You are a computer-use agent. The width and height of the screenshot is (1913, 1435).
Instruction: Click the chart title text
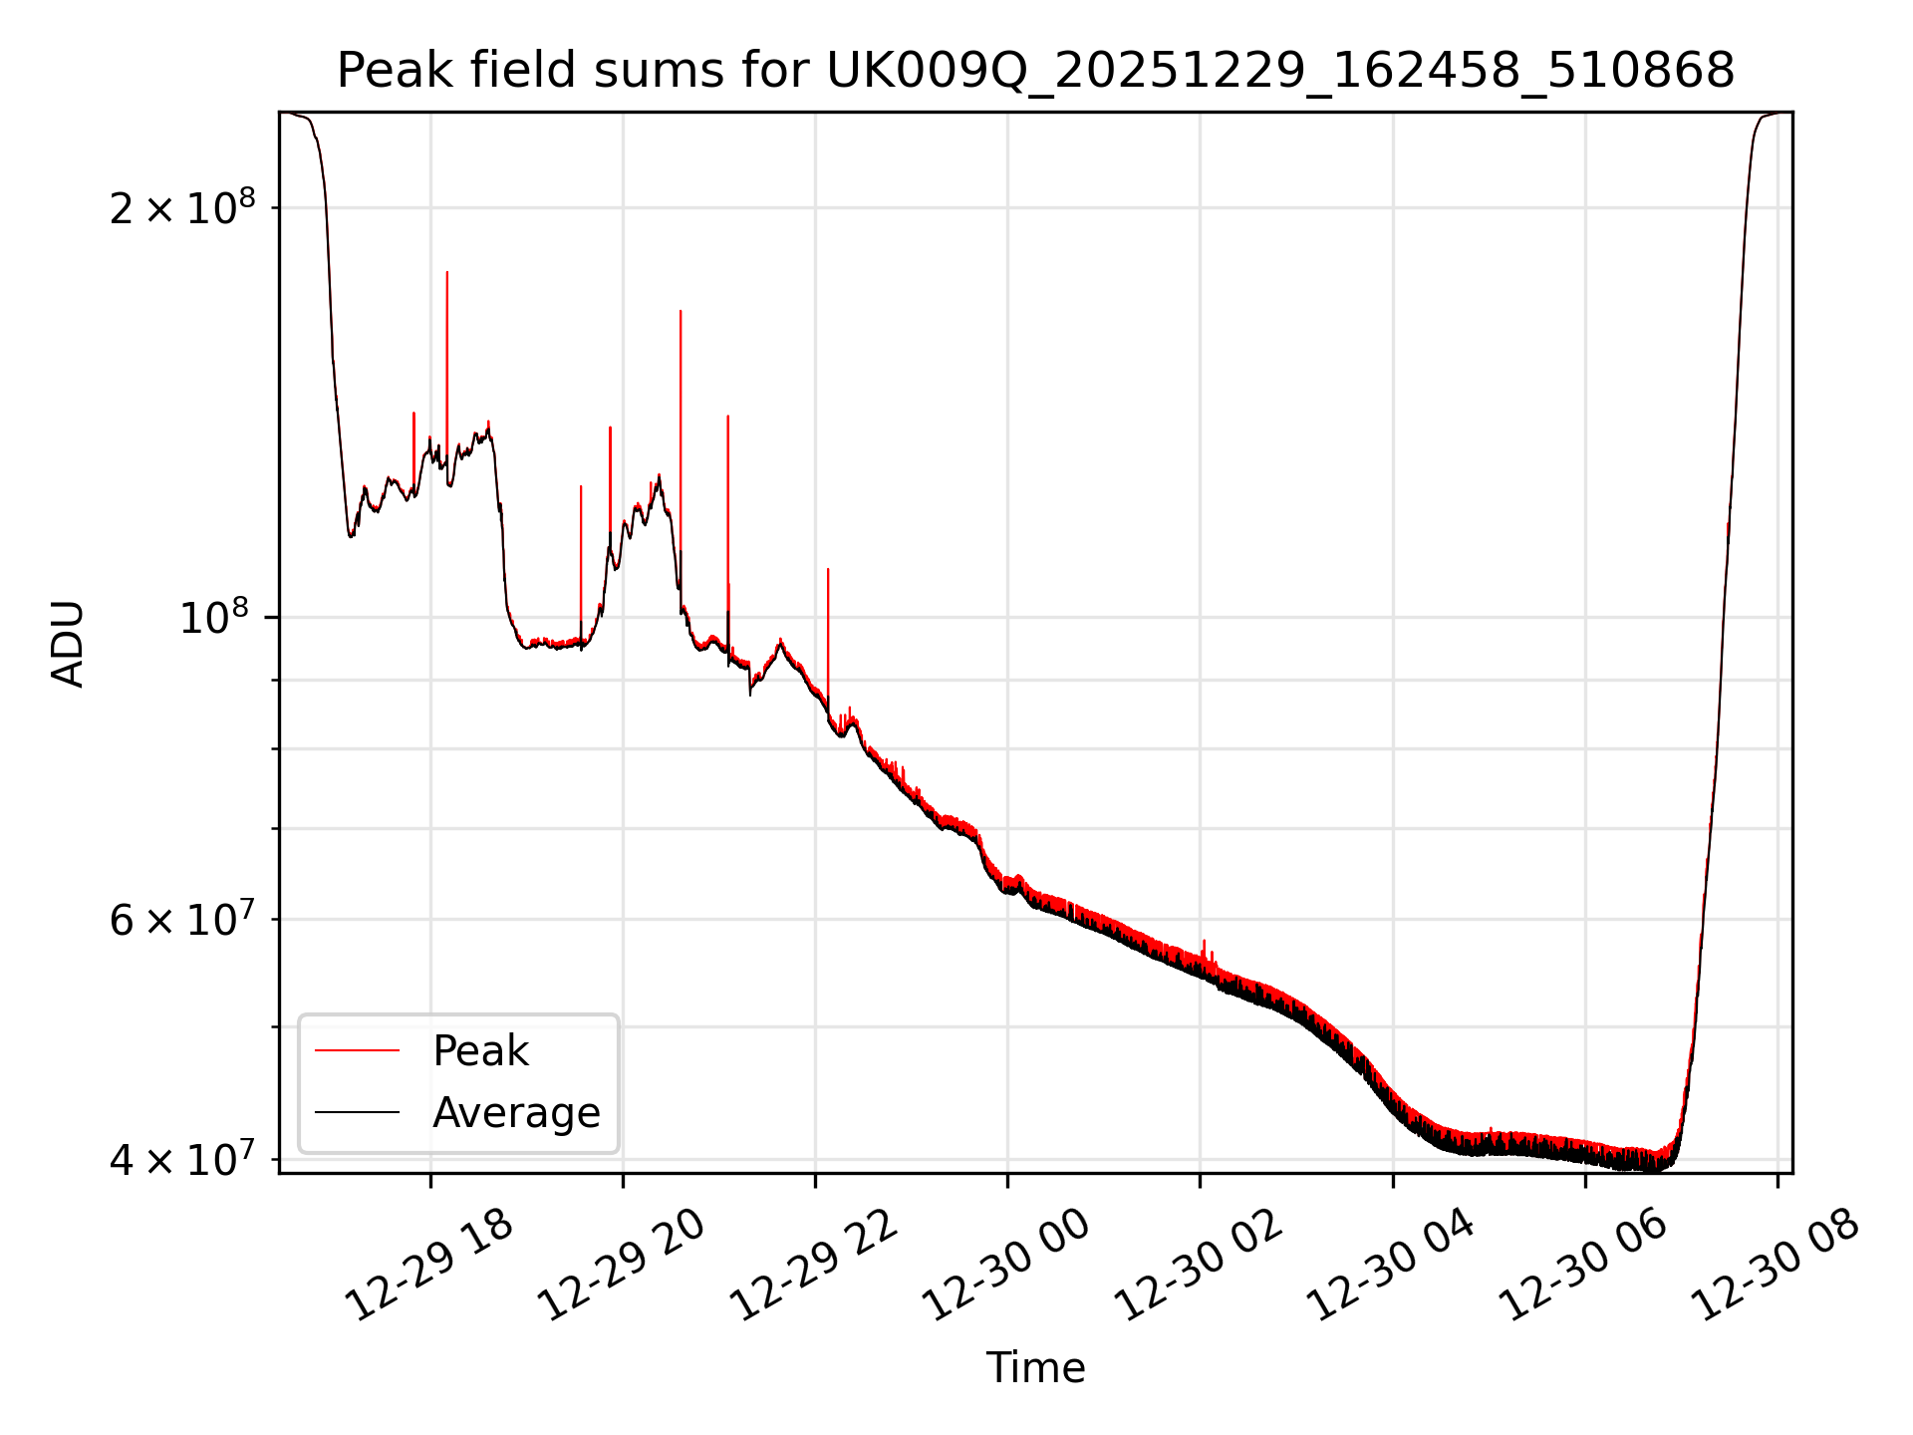coord(1035,71)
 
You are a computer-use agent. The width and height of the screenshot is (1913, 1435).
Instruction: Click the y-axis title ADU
coord(68,643)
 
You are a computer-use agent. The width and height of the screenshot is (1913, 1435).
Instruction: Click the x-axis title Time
coord(1035,1367)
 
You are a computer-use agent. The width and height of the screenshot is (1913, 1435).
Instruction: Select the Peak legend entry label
coord(480,1050)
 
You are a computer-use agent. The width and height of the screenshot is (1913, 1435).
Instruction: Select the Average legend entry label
coord(516,1112)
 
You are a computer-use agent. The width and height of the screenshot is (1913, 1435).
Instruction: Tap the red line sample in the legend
coord(357,1050)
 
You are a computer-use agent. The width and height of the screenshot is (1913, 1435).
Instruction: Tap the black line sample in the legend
coord(357,1112)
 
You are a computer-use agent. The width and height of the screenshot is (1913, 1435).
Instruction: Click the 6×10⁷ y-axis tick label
coord(182,919)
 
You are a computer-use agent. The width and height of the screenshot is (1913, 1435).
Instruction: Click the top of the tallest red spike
coord(447,272)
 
